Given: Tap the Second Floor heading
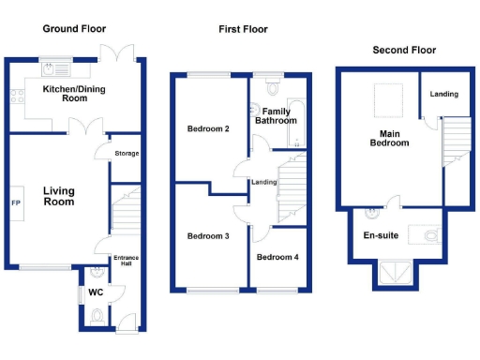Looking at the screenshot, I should pyautogui.click(x=404, y=50).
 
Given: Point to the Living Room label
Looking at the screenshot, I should pyautogui.click(x=58, y=196).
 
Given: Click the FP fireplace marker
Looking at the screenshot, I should pyautogui.click(x=16, y=202).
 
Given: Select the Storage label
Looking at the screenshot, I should pyautogui.click(x=126, y=154).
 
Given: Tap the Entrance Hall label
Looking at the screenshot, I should pyautogui.click(x=125, y=260).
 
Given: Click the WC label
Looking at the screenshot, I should pyautogui.click(x=95, y=292).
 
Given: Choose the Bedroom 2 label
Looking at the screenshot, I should pyautogui.click(x=208, y=128).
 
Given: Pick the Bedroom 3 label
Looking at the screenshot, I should pyautogui.click(x=208, y=235).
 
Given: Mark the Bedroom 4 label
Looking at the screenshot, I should pyautogui.click(x=278, y=257).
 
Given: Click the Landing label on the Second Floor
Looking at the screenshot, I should pyautogui.click(x=444, y=94).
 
